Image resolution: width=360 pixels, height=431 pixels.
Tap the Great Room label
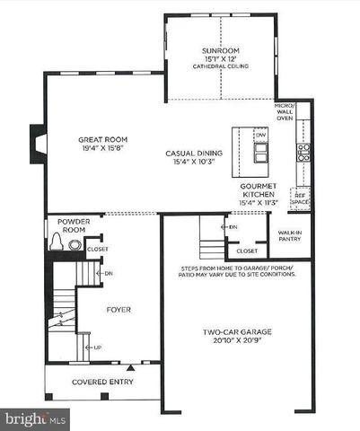[x=102, y=140]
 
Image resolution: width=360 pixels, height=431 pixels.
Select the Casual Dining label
[x=193, y=153]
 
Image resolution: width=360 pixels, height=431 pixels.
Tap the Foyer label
[x=119, y=310]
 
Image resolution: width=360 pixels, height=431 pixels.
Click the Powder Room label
[x=72, y=225]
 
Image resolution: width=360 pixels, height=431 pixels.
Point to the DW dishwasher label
[x=261, y=136]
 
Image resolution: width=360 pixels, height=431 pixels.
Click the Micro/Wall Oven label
[x=285, y=111]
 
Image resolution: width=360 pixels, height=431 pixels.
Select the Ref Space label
[x=300, y=198]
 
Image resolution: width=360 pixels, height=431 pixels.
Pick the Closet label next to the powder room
[x=97, y=249]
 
